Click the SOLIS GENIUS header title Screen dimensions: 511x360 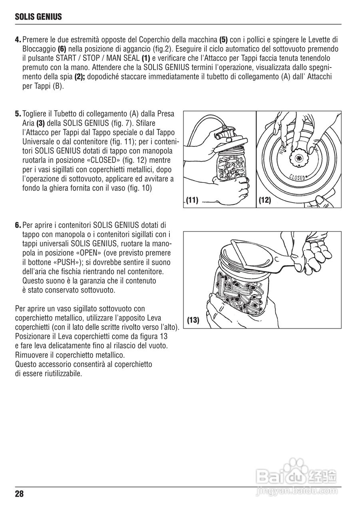click(x=38, y=17)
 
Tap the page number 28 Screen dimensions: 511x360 click(x=20, y=494)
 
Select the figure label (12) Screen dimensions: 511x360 click(x=265, y=200)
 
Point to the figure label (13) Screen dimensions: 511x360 click(x=193, y=320)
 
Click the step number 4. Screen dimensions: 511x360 click(x=18, y=40)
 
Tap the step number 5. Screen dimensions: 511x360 click(x=18, y=114)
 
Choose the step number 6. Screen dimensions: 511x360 click(x=18, y=225)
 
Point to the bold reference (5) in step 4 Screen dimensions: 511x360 click(x=224, y=40)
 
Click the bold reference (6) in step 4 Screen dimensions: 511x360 click(x=62, y=49)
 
